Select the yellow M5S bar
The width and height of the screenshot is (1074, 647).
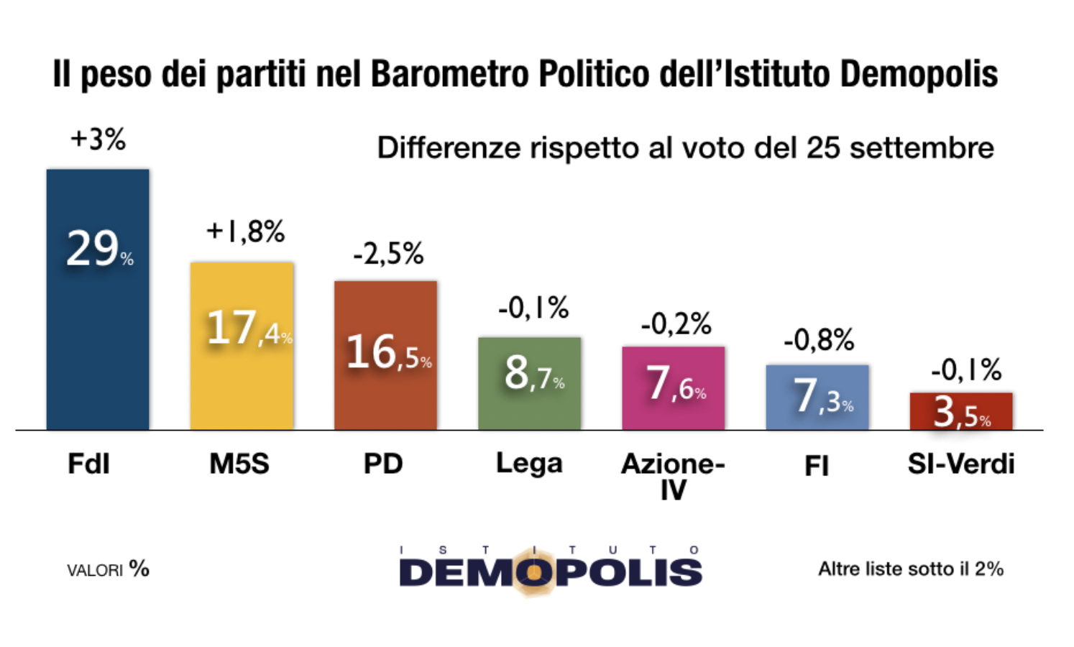coord(242,346)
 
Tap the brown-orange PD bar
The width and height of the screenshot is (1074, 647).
coord(385,355)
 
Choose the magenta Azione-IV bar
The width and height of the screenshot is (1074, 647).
coord(674,388)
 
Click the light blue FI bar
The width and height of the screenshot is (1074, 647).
coord(817,397)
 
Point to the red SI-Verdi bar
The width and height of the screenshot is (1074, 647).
coord(961,411)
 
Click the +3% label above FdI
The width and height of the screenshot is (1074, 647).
coord(98,139)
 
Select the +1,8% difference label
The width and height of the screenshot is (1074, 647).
coord(245,231)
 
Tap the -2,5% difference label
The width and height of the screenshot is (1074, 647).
coord(388,254)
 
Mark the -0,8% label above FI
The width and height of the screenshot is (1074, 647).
coord(819,339)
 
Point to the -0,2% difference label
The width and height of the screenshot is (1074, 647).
coord(676,324)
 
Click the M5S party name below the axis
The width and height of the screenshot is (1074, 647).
coord(239,464)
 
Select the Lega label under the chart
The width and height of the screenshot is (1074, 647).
coord(529,464)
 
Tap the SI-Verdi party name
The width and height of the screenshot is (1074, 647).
coord(961,464)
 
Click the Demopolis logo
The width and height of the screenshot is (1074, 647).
coord(550,570)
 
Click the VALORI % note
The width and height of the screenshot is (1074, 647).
coord(108,570)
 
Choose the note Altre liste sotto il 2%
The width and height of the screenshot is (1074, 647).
coord(911,569)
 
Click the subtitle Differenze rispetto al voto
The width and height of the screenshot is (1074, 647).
coord(685,148)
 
